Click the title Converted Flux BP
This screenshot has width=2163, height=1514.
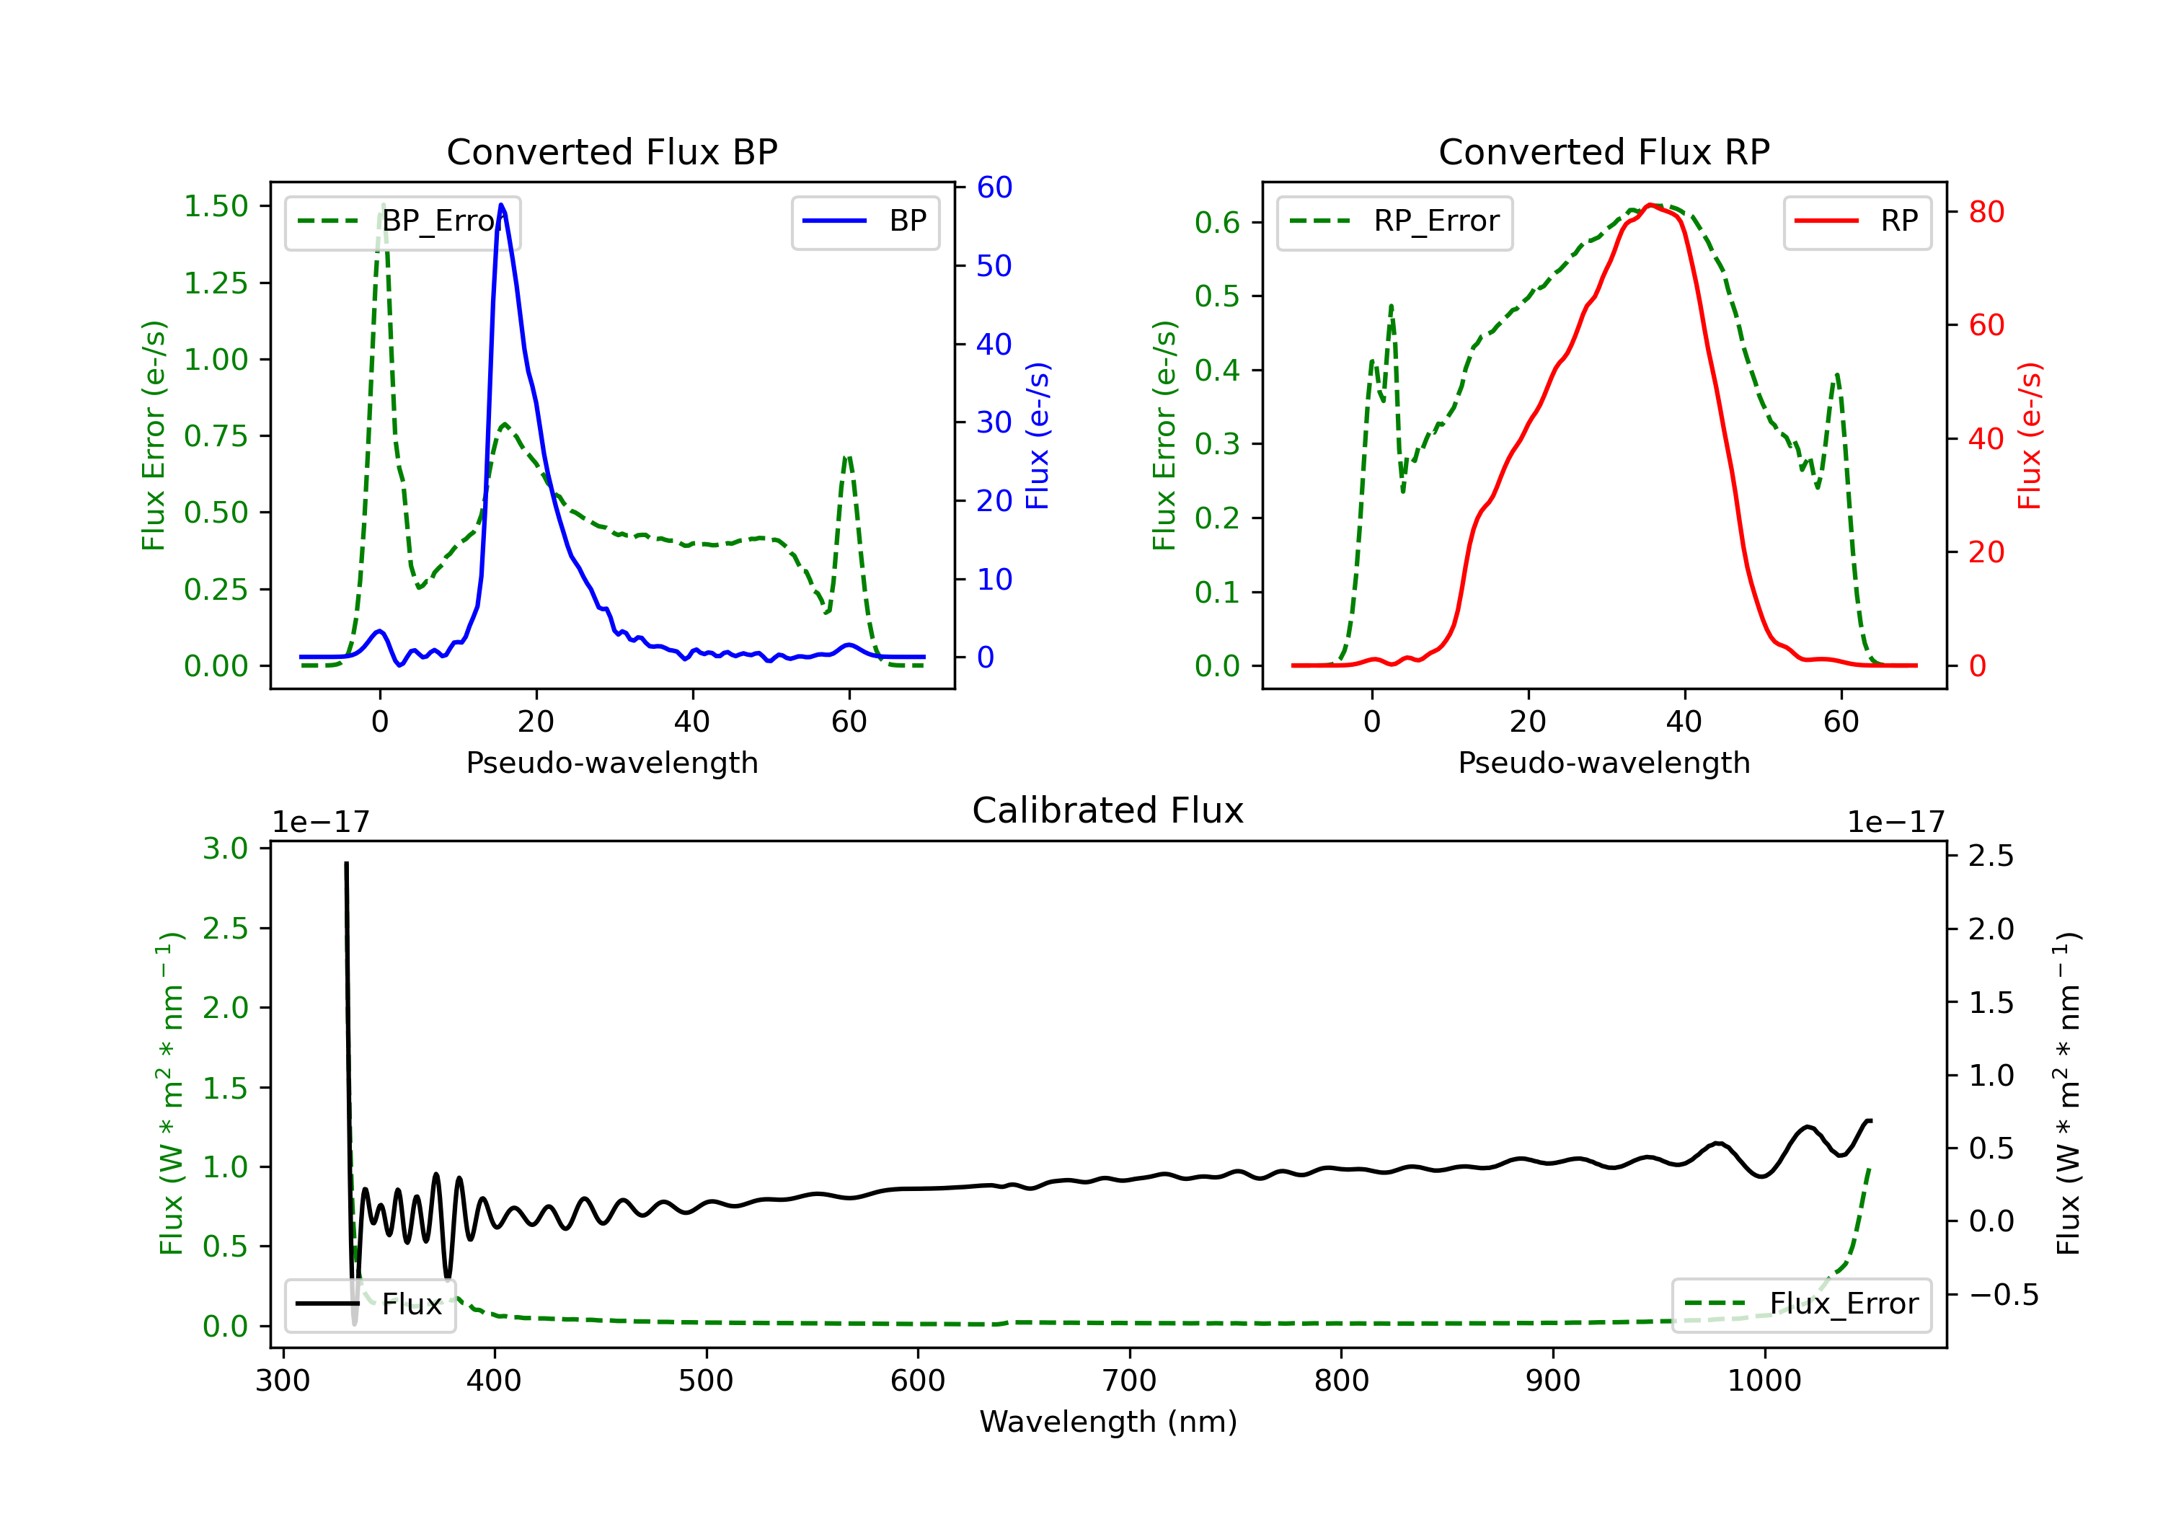611,151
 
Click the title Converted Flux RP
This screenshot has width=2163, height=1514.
1604,151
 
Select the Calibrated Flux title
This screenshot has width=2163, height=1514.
1108,810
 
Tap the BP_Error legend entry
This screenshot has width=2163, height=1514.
402,222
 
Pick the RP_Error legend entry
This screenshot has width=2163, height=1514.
1394,222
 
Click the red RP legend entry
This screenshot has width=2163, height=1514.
1857,222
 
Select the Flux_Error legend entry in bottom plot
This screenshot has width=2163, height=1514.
1801,1305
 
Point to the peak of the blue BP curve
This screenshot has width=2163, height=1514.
501,205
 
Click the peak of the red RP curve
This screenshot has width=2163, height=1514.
1650,205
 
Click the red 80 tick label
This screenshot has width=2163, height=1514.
1987,212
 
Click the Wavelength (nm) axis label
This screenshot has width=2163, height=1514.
1108,1422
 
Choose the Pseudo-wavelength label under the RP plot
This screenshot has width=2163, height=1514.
1604,762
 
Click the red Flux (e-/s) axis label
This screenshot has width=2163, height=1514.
2029,436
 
